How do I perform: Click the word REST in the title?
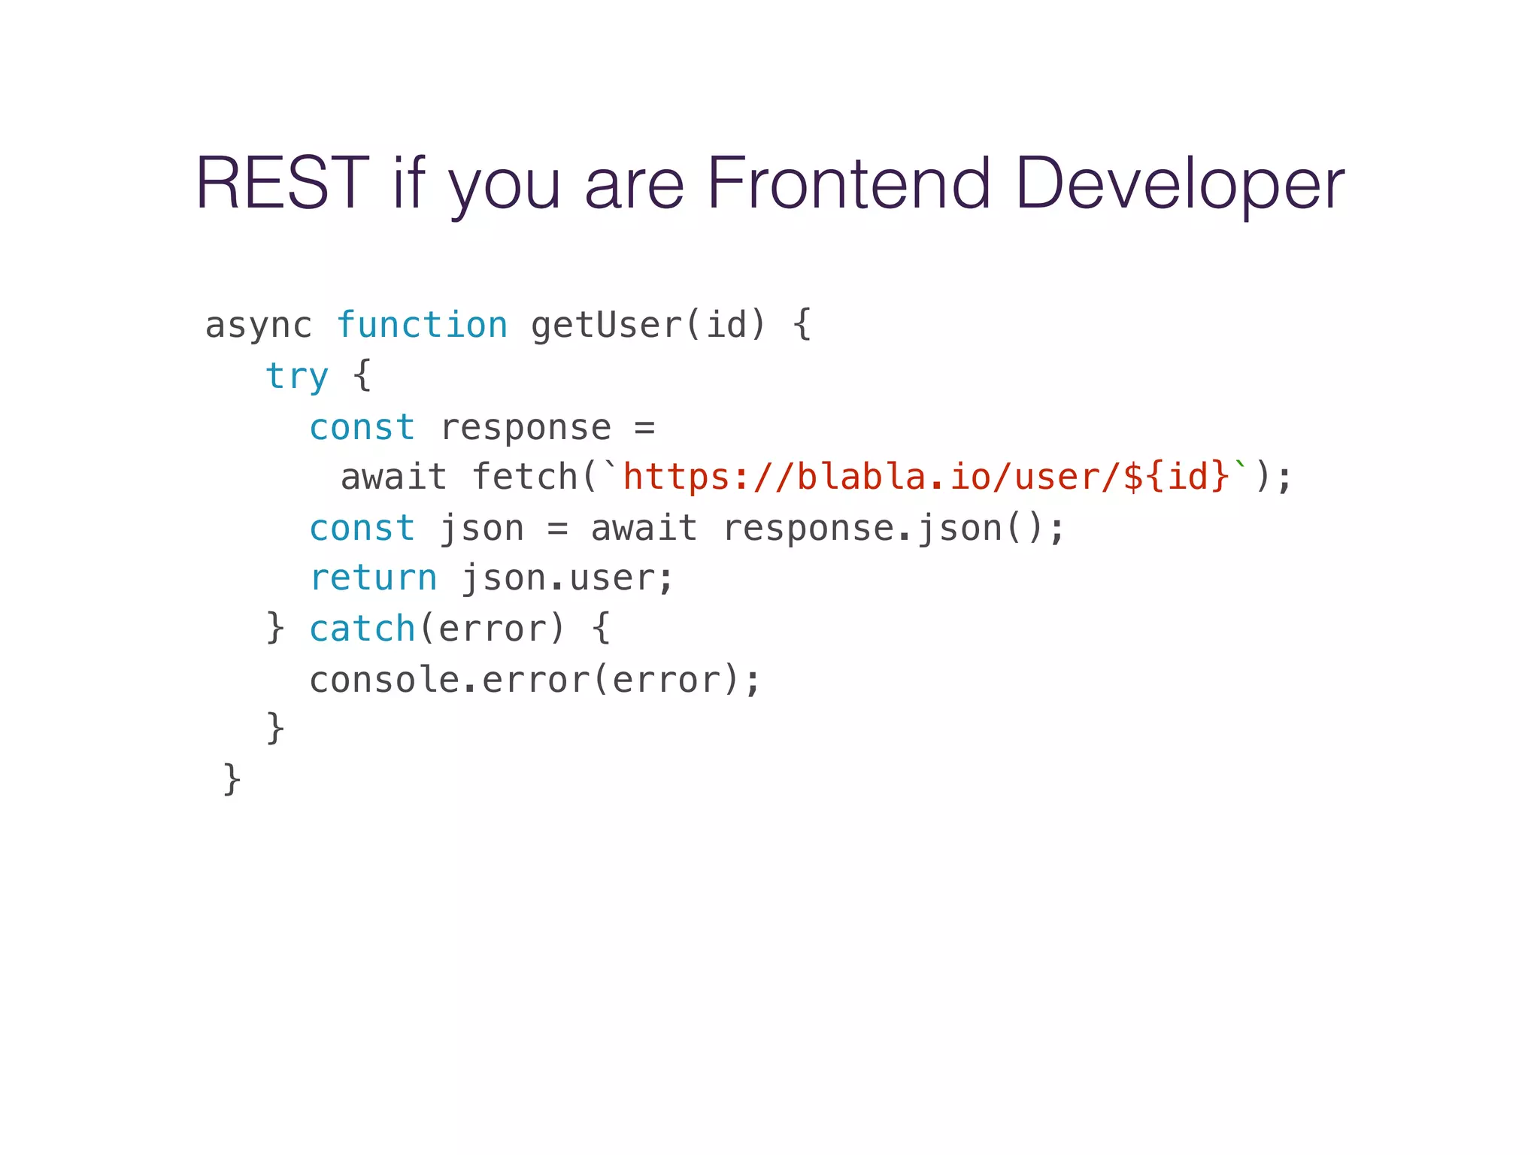(282, 183)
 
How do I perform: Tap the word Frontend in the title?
(849, 183)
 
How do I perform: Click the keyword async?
(258, 326)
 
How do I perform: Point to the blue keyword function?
(422, 326)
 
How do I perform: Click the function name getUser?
(605, 326)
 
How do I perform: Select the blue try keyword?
(297, 376)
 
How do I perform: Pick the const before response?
(362, 427)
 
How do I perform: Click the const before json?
(362, 528)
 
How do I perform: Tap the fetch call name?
(524, 477)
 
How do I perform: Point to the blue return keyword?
(373, 578)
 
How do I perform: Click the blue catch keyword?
(362, 629)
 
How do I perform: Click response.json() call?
(893, 528)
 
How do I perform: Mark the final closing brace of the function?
(232, 779)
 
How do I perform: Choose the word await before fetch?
(393, 477)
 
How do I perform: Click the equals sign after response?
(644, 428)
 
